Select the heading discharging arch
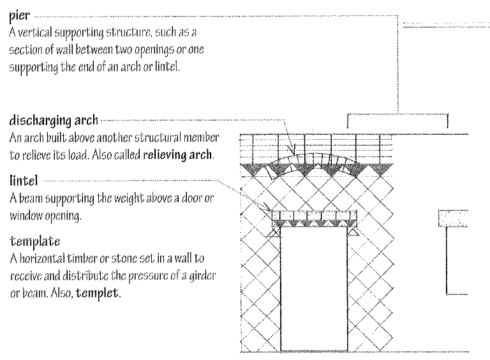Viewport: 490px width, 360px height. click(x=54, y=120)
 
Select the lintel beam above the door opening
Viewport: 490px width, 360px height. click(x=312, y=218)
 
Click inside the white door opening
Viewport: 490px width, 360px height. click(x=312, y=287)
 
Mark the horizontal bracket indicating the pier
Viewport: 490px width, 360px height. click(x=397, y=116)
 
